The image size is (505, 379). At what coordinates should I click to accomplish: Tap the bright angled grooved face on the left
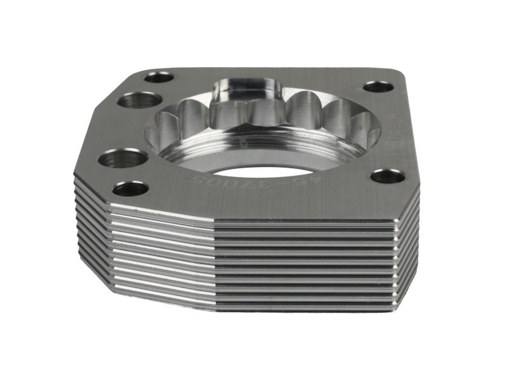(158, 253)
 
